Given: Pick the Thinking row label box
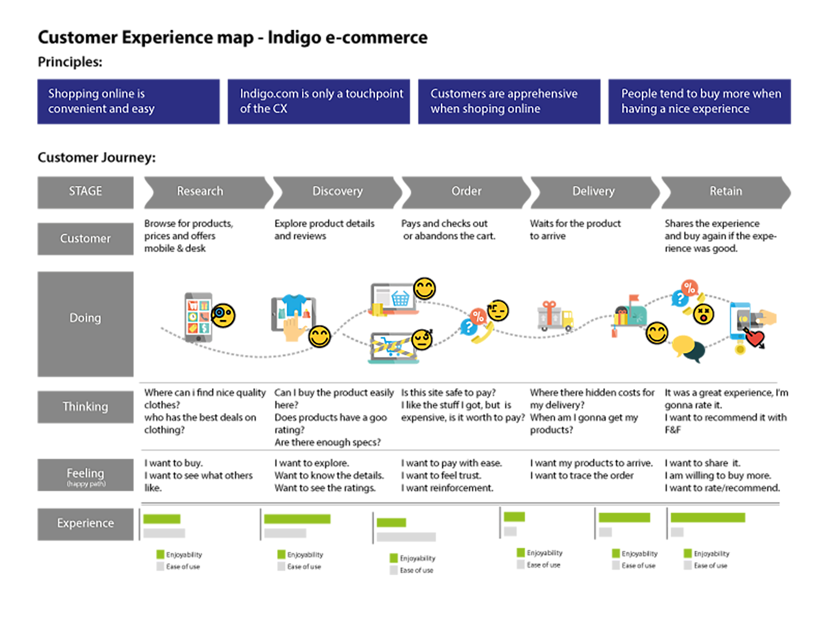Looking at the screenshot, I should click(85, 407).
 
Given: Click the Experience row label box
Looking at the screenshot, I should click(85, 524).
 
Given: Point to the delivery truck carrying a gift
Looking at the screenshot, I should click(555, 316).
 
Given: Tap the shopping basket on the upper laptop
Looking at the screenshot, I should click(400, 299).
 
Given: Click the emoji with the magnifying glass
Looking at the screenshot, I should click(223, 316).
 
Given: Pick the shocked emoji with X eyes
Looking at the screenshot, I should click(703, 314).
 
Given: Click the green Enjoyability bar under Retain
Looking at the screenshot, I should click(707, 518).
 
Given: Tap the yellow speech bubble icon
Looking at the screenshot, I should click(683, 345).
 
